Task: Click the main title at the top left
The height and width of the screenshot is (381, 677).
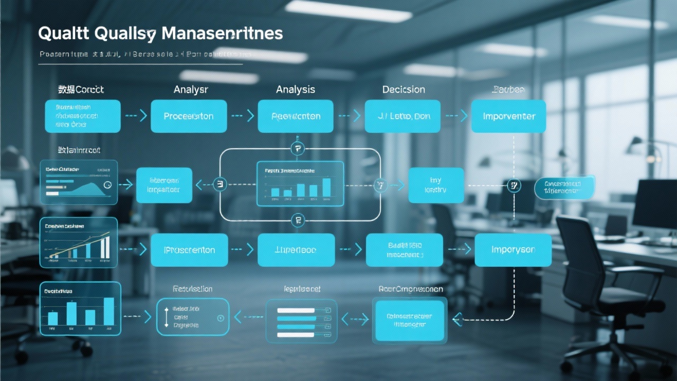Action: (160, 33)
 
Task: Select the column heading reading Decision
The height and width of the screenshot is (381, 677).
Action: (404, 89)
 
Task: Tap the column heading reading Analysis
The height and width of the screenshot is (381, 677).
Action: (295, 89)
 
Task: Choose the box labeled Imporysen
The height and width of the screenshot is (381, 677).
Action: (513, 250)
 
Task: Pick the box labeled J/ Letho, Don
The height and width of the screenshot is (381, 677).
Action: (402, 116)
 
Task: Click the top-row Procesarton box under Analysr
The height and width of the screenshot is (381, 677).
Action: (188, 116)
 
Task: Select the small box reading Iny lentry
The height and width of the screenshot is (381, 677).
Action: (435, 185)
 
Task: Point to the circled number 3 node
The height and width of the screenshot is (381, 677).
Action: (219, 185)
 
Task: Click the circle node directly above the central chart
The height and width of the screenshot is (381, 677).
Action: (298, 149)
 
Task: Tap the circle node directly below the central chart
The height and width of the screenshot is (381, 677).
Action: (298, 220)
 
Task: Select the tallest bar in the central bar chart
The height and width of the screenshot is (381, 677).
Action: (326, 187)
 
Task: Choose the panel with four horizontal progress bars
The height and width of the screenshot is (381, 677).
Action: (301, 321)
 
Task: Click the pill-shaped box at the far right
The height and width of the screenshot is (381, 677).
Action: (564, 187)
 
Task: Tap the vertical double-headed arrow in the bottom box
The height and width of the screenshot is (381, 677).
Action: (167, 317)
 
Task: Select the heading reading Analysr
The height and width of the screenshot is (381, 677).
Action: (190, 89)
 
